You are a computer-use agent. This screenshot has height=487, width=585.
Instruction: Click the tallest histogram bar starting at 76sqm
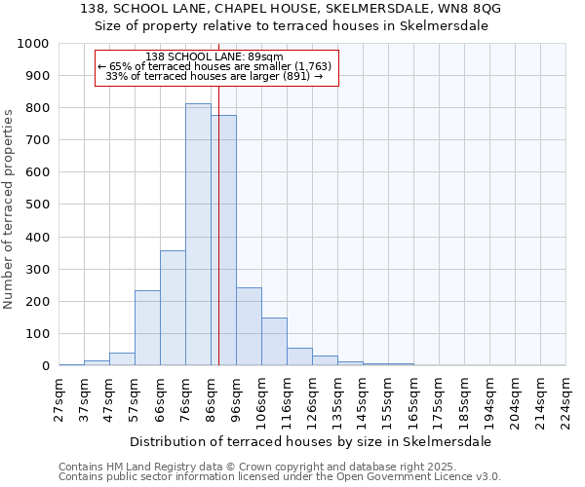pos(198,235)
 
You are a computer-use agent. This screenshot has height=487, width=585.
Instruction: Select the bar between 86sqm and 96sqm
pos(223,241)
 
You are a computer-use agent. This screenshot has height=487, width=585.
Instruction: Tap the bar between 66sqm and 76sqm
pos(173,308)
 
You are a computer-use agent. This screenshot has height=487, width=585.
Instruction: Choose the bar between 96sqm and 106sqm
pos(249,326)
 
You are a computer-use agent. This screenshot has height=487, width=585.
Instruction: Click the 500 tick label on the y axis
pos(36,205)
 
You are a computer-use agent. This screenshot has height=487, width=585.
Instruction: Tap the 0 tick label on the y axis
pos(45,366)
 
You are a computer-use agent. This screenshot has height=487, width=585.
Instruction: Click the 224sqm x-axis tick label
pos(565,402)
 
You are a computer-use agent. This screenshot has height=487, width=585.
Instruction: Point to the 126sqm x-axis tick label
pos(312,402)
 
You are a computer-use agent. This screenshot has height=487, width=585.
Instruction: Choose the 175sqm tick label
pos(439,402)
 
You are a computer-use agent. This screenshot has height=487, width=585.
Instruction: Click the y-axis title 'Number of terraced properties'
pos(10,208)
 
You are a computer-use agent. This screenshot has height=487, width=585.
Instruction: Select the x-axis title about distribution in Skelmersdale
pos(310,441)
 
